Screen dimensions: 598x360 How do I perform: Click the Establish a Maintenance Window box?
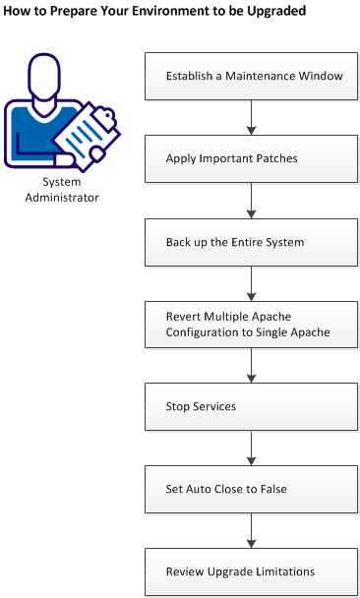click(x=253, y=76)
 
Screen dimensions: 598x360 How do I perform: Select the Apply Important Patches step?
click(x=253, y=158)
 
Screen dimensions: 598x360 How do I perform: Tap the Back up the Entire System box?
click(x=253, y=241)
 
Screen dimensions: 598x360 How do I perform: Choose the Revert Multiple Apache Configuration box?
click(x=253, y=324)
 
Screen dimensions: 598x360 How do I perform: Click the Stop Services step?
click(x=253, y=405)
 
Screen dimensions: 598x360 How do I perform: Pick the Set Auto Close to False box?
click(x=253, y=488)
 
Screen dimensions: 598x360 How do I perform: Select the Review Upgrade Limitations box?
click(x=253, y=570)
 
